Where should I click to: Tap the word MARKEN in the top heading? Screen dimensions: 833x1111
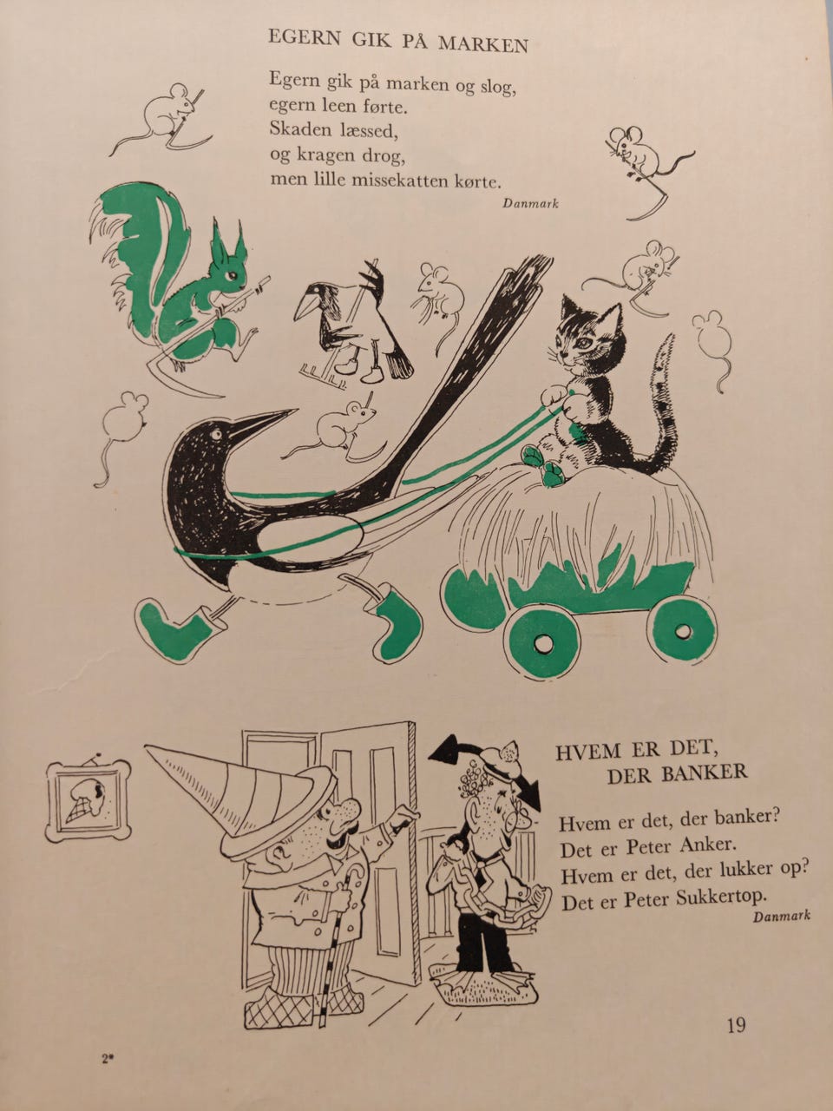coord(483,44)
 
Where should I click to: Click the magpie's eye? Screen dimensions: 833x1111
coord(217,435)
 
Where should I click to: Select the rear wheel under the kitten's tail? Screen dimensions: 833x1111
coord(683,632)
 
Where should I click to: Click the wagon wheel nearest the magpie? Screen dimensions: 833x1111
coord(545,644)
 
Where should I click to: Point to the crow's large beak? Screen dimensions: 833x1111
coord(304,309)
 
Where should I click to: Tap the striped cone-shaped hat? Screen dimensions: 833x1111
coord(238,797)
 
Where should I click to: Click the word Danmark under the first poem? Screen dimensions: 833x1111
coord(530,203)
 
